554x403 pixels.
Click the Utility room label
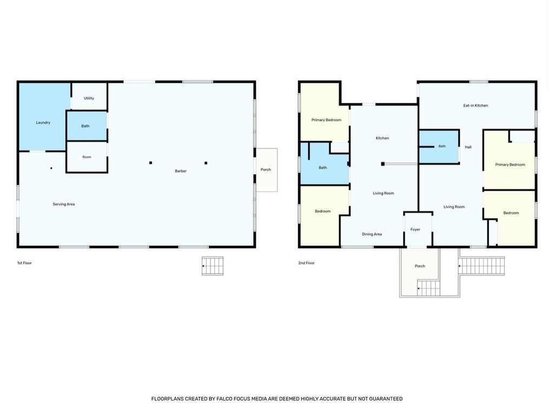89,99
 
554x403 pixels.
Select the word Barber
181,171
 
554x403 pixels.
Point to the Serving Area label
64,204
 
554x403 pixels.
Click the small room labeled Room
87,157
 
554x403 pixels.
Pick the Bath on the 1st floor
87,126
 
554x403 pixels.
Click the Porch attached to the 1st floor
266,170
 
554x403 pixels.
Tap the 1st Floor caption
24,263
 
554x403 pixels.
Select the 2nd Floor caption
306,263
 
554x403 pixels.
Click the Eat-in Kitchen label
476,106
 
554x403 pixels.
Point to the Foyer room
418,229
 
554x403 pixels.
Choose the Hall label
468,147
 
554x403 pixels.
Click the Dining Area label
372,234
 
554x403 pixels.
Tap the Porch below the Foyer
420,266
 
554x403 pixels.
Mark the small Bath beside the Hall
439,146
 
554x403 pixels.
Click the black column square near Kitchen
382,164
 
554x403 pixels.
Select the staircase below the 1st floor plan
212,266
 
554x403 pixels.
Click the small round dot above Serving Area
51,168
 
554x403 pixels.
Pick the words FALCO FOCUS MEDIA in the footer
238,399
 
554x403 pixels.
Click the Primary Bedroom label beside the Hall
510,165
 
